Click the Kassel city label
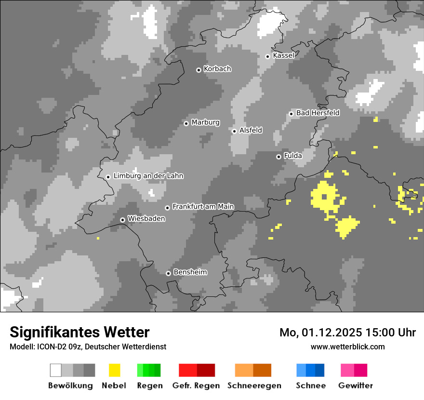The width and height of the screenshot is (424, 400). pyautogui.click(x=283, y=55)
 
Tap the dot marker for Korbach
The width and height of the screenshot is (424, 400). pyautogui.click(x=199, y=70)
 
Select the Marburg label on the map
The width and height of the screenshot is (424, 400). pyautogui.click(x=205, y=122)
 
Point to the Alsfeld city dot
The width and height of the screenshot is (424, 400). pyautogui.click(x=234, y=131)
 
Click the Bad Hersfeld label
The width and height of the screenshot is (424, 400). pyautogui.click(x=318, y=113)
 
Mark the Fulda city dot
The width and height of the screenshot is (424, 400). pyautogui.click(x=278, y=157)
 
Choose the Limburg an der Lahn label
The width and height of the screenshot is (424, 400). pyautogui.click(x=148, y=176)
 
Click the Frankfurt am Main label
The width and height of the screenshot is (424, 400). pyautogui.click(x=203, y=207)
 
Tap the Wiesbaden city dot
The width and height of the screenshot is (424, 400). pyautogui.click(x=123, y=220)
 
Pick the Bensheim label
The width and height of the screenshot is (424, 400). pyautogui.click(x=190, y=272)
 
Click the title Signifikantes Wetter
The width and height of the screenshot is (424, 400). pyautogui.click(x=79, y=332)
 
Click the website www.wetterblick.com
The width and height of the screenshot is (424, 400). pyautogui.click(x=347, y=347)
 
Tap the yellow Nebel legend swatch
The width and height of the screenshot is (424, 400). pyautogui.click(x=114, y=370)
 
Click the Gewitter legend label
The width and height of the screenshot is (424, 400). pyautogui.click(x=356, y=386)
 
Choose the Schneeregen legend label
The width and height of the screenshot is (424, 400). pyautogui.click(x=254, y=386)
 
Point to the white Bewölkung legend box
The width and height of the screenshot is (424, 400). pyautogui.click(x=56, y=370)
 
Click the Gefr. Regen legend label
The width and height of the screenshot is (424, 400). pyautogui.click(x=196, y=386)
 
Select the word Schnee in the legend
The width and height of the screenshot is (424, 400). pyautogui.click(x=311, y=386)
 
